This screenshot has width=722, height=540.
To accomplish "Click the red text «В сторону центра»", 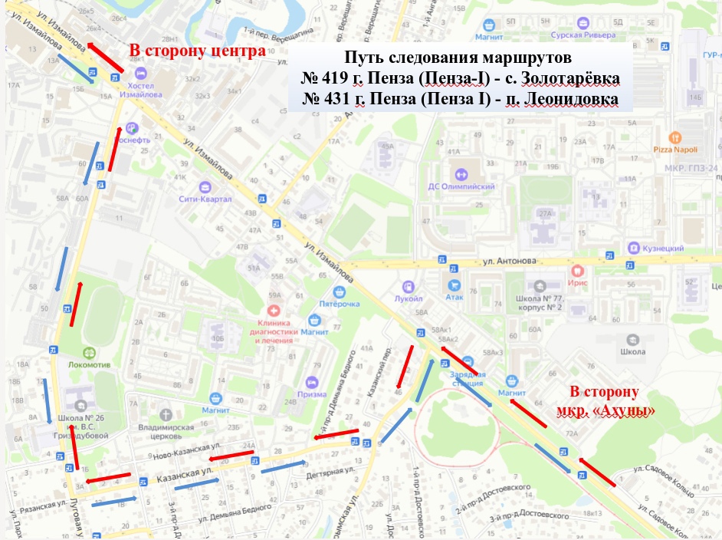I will point(197,51).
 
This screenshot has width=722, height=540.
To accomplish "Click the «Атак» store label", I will point(456,297).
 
